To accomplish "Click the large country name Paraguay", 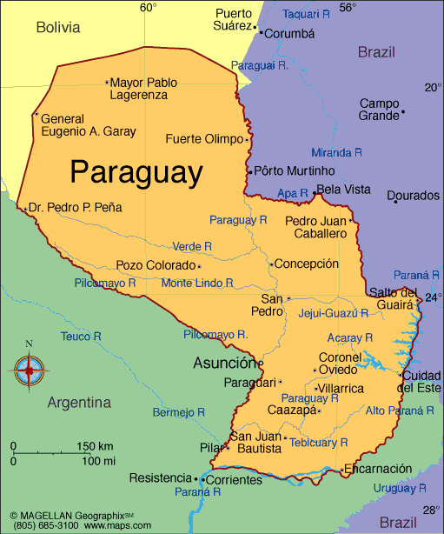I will tap(136, 171).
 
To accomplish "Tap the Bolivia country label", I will tap(57, 28).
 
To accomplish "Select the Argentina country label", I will tap(79, 403).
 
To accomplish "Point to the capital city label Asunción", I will tap(224, 363).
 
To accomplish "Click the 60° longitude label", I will tap(149, 8).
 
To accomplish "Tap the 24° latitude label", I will tap(432, 297).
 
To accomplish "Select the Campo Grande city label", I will tap(379, 109).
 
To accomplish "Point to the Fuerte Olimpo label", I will tap(205, 138).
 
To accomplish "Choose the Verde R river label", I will tap(192, 246).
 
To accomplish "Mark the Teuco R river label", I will tap(81, 336).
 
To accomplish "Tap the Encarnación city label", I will tap(378, 469).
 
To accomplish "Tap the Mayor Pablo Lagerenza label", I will tap(144, 89).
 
